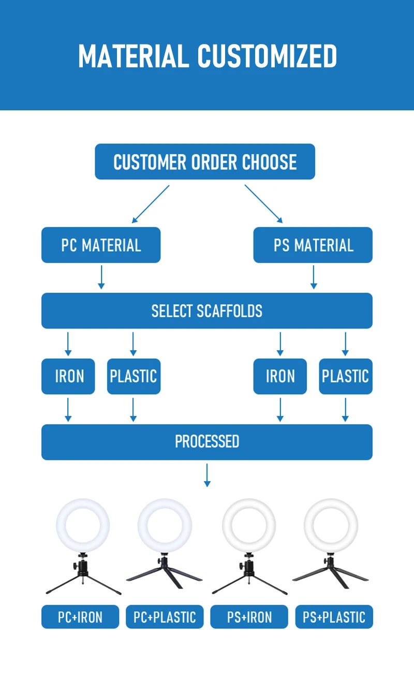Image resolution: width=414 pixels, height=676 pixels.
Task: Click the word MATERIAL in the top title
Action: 134,56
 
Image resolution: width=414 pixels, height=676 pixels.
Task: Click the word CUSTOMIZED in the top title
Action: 267,56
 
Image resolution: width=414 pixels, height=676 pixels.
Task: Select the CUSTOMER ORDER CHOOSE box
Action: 205,162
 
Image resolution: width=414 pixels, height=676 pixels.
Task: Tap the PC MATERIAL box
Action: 101,245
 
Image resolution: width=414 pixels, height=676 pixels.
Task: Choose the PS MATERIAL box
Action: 313,245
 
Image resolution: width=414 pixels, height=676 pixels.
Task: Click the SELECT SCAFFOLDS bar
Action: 207,311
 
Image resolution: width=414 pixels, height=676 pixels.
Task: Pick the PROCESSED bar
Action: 207,442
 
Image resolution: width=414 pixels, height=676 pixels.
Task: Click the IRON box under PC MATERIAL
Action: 68,376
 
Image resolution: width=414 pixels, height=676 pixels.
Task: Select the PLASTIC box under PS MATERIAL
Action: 346,376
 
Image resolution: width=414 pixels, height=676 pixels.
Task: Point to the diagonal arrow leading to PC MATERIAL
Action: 151,204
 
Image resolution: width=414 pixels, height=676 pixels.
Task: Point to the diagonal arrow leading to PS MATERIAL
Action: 263,204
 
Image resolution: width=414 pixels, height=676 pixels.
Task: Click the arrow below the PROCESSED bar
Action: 207,476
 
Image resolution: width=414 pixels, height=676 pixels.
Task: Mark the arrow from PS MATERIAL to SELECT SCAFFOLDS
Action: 314,277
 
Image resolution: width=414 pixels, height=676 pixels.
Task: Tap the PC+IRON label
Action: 80,617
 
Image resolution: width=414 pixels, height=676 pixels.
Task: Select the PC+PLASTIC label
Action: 165,617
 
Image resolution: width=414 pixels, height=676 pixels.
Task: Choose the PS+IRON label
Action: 249,617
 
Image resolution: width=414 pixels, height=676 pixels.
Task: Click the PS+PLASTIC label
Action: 334,617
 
